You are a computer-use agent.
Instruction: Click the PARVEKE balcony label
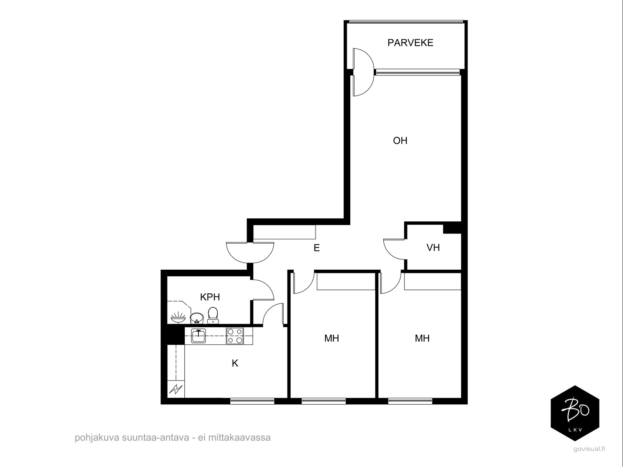(x=410, y=43)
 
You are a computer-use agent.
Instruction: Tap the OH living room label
(x=400, y=140)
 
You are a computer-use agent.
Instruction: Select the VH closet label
(x=433, y=248)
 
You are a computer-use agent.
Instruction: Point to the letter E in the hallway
(x=317, y=248)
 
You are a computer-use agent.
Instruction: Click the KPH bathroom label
(x=210, y=297)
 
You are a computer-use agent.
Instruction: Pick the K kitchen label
(x=235, y=363)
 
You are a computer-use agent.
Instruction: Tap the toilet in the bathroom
(x=213, y=315)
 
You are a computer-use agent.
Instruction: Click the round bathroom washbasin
(x=197, y=318)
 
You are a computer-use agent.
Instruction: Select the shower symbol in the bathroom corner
(x=178, y=317)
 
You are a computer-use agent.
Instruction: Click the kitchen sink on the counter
(x=198, y=336)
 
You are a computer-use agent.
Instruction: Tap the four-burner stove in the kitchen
(x=235, y=336)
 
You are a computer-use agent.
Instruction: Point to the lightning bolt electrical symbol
(x=176, y=389)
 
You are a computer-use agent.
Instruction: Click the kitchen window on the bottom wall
(x=252, y=401)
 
